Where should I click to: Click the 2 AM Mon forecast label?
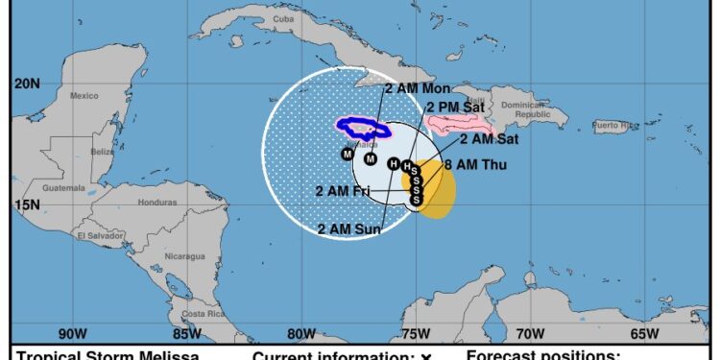[418, 88]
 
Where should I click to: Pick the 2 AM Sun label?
[348, 228]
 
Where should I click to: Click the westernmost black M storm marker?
[348, 155]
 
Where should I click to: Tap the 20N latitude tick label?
[27, 84]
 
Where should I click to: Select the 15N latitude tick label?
[27, 204]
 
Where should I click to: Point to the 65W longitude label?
[644, 334]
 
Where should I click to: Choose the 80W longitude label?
[301, 334]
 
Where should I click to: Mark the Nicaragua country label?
[186, 256]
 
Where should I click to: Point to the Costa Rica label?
[203, 314]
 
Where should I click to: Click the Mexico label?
[84, 95]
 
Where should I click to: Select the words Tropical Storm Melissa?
[108, 355]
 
